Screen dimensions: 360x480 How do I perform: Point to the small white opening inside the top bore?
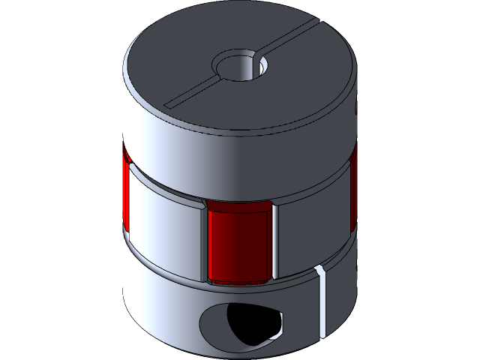[263, 67]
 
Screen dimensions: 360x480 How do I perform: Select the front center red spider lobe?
[238, 244]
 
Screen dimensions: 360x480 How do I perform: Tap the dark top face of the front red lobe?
[238, 205]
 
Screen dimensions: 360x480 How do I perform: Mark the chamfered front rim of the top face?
[240, 134]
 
